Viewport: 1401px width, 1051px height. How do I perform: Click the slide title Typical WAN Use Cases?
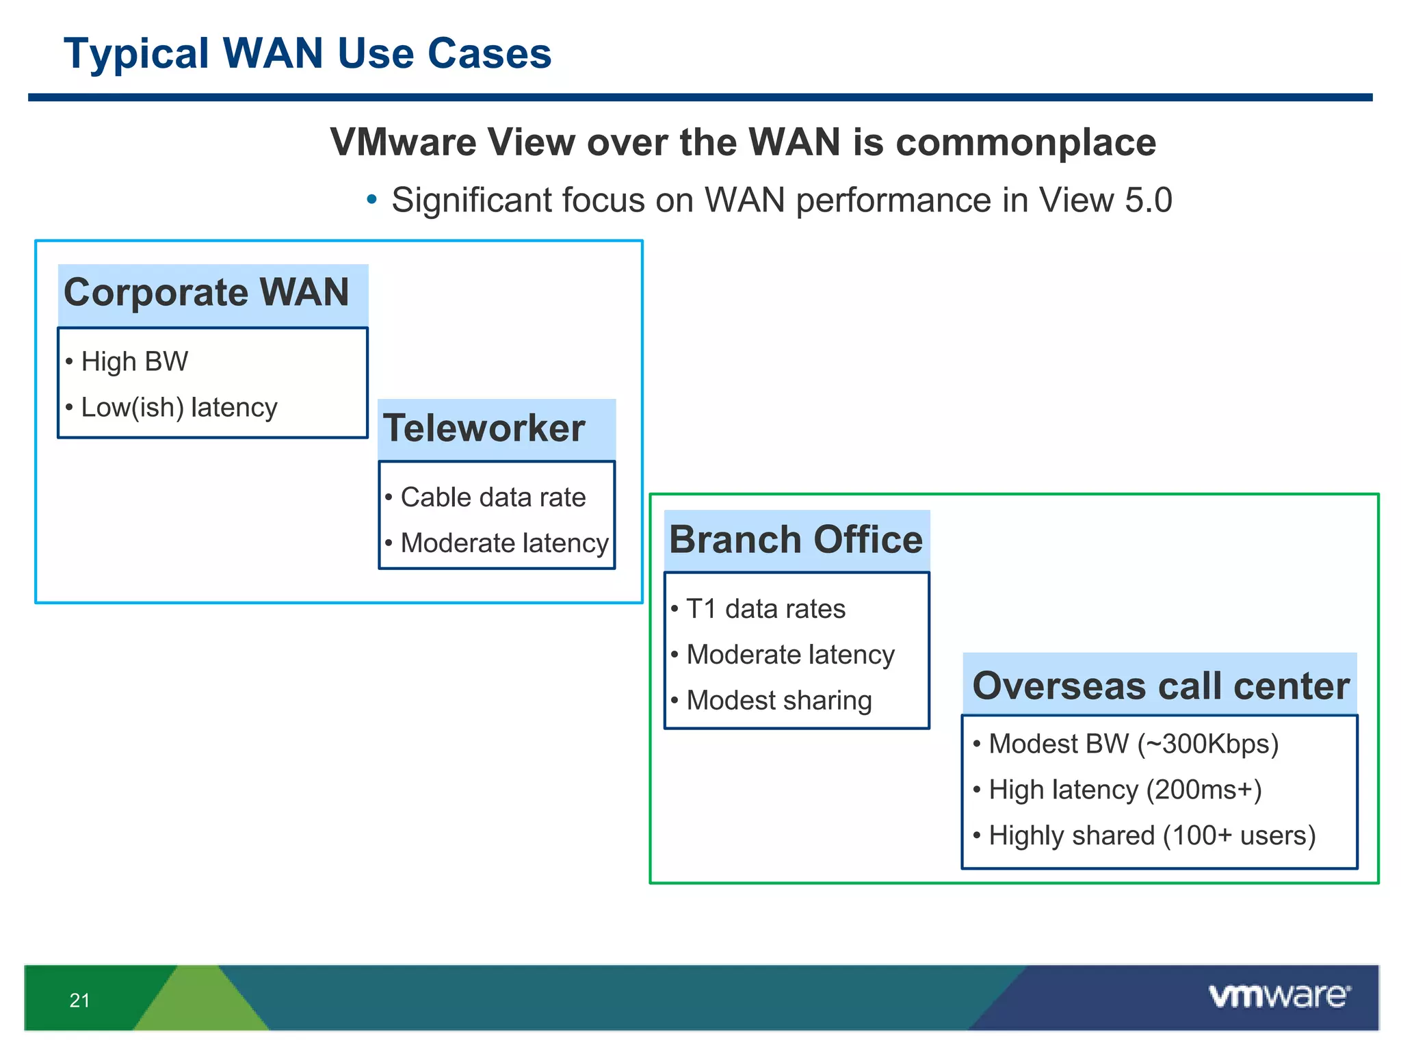307,53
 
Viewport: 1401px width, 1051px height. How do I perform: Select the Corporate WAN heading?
206,293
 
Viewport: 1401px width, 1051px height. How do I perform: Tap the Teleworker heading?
484,429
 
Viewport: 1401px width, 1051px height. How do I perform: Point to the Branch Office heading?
796,540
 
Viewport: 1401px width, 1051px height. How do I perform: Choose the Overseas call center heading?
1160,686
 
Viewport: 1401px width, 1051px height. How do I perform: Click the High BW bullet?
134,361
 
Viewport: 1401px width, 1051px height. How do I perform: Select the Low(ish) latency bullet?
179,407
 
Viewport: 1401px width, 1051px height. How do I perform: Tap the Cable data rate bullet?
493,497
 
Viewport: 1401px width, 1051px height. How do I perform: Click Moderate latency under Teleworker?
504,543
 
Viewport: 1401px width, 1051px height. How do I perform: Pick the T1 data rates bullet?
765,609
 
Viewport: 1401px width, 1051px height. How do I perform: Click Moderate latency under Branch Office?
790,655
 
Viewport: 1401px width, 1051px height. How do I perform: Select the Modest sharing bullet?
778,701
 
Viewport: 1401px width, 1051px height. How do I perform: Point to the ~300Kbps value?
1207,744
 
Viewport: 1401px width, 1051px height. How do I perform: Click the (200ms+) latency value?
1204,790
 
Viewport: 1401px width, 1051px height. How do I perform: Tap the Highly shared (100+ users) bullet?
1152,835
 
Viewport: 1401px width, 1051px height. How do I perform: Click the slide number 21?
79,1000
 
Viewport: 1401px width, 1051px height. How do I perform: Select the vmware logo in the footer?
1279,996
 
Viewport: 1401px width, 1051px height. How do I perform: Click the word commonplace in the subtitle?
1025,142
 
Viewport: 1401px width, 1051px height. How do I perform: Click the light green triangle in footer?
200,1002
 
